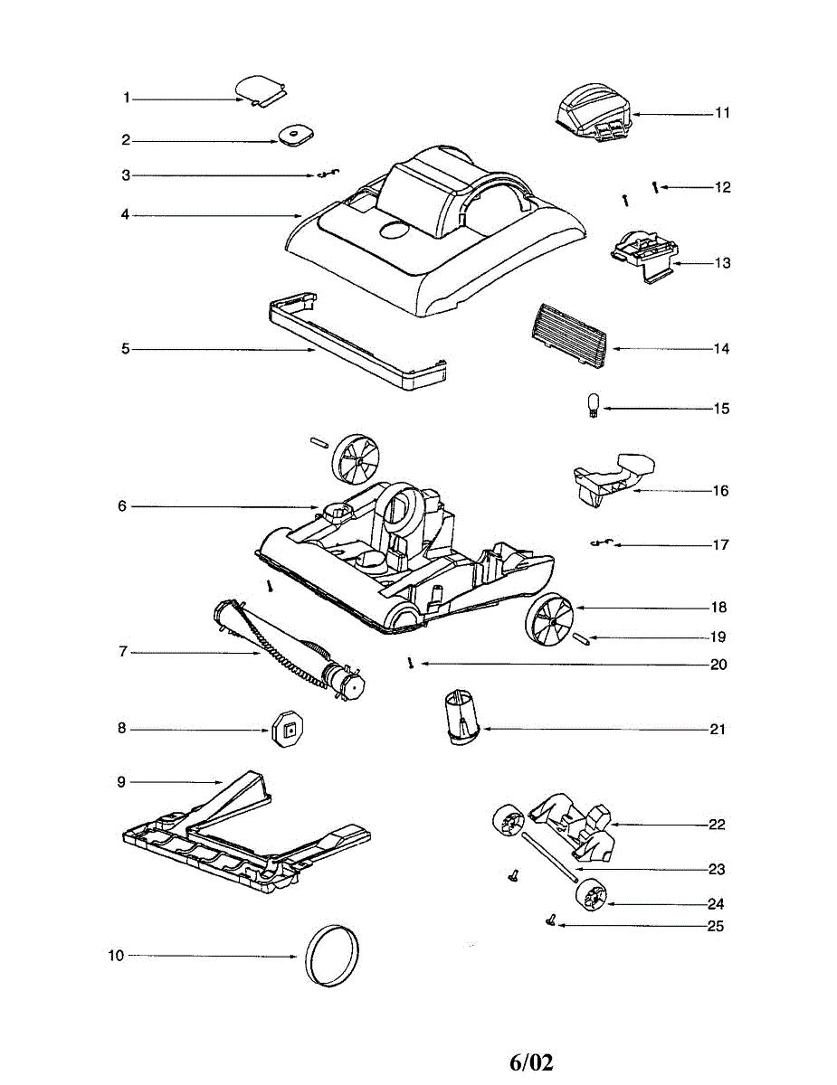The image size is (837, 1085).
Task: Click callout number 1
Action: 128,98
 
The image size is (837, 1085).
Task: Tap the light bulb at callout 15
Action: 594,404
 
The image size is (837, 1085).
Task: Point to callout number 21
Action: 718,730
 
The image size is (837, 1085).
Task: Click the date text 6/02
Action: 530,1061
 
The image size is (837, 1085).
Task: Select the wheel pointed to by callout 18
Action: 547,622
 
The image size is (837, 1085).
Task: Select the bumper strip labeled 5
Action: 357,342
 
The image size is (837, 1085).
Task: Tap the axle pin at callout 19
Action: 583,638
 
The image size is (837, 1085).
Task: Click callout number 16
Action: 720,491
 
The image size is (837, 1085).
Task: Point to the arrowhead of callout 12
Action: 662,187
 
